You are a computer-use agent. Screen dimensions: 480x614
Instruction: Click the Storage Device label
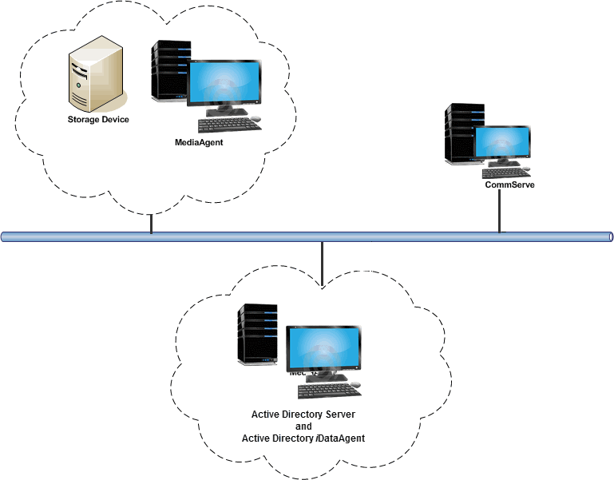point(97,120)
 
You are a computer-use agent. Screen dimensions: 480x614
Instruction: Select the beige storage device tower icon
point(94,78)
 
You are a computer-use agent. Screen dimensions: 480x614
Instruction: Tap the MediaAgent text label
point(199,142)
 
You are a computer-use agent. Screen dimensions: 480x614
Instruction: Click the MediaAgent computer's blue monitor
point(224,82)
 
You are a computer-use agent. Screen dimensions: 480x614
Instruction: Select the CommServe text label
point(509,184)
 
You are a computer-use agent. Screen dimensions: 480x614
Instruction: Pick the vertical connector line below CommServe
point(500,211)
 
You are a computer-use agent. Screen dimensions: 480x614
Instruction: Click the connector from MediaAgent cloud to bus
point(151,224)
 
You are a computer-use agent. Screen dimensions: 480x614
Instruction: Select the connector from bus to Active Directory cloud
point(321,264)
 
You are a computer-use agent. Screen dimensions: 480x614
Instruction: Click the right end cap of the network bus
point(610,237)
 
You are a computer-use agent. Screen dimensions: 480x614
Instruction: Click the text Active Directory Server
point(303,415)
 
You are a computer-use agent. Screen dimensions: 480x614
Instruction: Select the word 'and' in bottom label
point(303,426)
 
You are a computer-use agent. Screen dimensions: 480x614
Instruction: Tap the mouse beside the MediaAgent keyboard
point(256,119)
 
